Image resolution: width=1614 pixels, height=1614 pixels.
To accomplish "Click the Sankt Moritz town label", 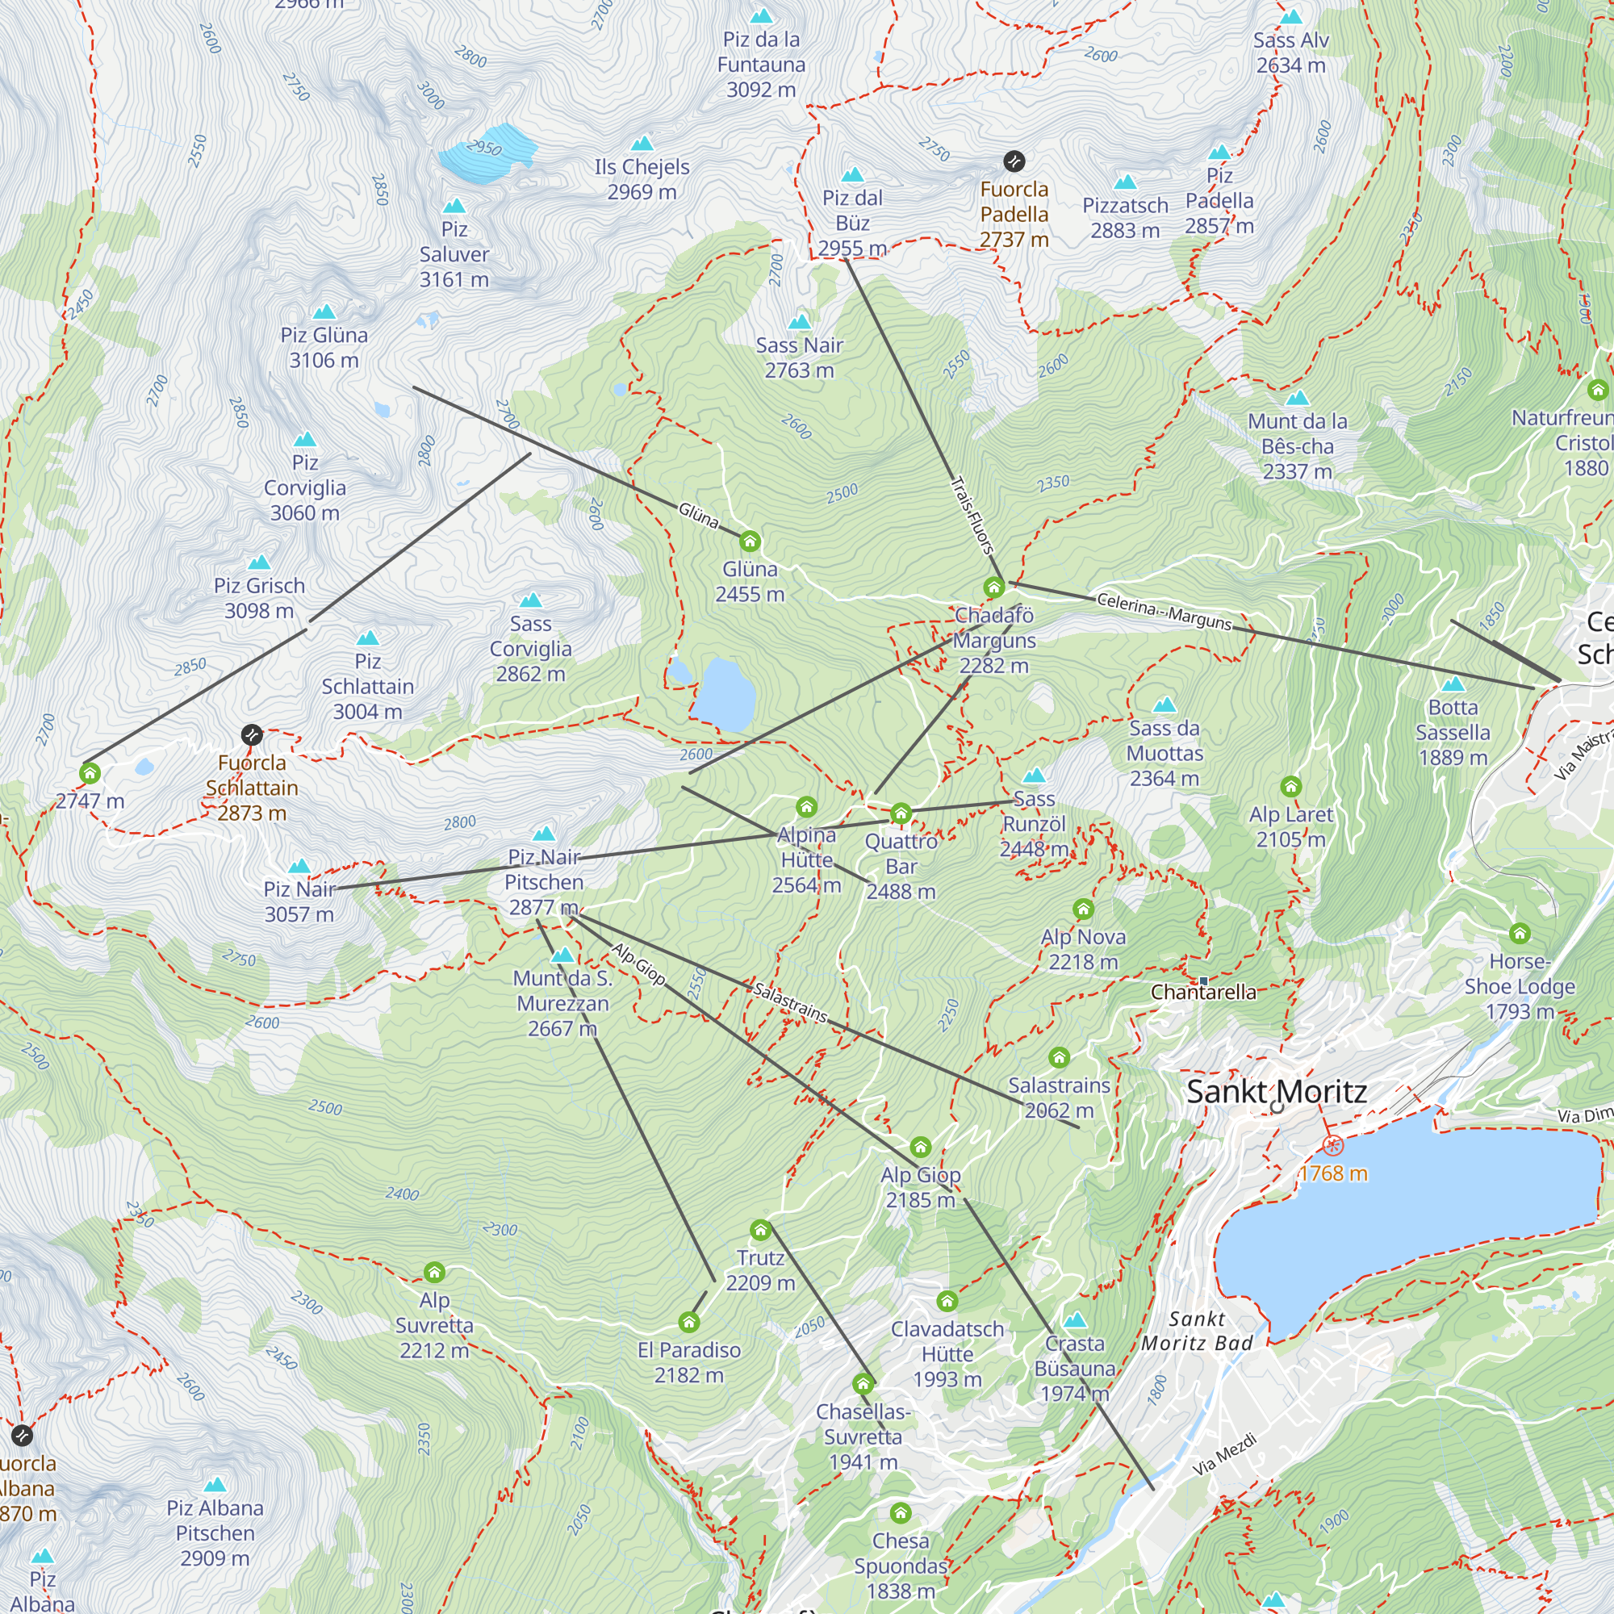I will [x=1276, y=1091].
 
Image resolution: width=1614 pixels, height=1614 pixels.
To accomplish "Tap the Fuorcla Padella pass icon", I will [x=1014, y=161].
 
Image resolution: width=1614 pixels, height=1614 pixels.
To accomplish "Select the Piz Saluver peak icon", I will [x=454, y=206].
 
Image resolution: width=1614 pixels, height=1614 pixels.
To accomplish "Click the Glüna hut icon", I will [x=750, y=541].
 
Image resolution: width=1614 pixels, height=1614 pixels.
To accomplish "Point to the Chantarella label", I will [x=1203, y=992].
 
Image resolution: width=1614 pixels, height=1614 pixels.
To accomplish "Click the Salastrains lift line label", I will [x=789, y=1002].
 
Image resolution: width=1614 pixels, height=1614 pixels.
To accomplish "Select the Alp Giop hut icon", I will [x=920, y=1147].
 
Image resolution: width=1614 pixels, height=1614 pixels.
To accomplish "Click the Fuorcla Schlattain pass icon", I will [x=252, y=735].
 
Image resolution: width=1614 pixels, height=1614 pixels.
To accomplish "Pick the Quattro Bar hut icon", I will [x=900, y=813].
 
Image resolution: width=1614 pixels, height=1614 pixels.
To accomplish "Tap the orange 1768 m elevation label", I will [x=1332, y=1173].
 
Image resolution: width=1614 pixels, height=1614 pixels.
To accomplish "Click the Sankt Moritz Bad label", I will [x=1196, y=1331].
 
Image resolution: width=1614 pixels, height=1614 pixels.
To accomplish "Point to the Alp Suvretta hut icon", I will [x=433, y=1273].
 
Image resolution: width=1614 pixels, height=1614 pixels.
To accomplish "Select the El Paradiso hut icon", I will [x=688, y=1322].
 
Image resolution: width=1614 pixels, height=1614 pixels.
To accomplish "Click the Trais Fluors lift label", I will [x=972, y=516].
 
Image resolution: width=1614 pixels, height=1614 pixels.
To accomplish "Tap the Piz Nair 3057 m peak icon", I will [x=299, y=866].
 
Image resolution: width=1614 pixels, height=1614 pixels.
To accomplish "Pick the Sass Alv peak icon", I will [x=1290, y=17].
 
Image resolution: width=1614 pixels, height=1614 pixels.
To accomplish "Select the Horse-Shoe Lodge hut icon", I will [x=1519, y=933].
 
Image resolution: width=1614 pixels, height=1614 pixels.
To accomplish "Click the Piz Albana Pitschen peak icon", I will [x=215, y=1485].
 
